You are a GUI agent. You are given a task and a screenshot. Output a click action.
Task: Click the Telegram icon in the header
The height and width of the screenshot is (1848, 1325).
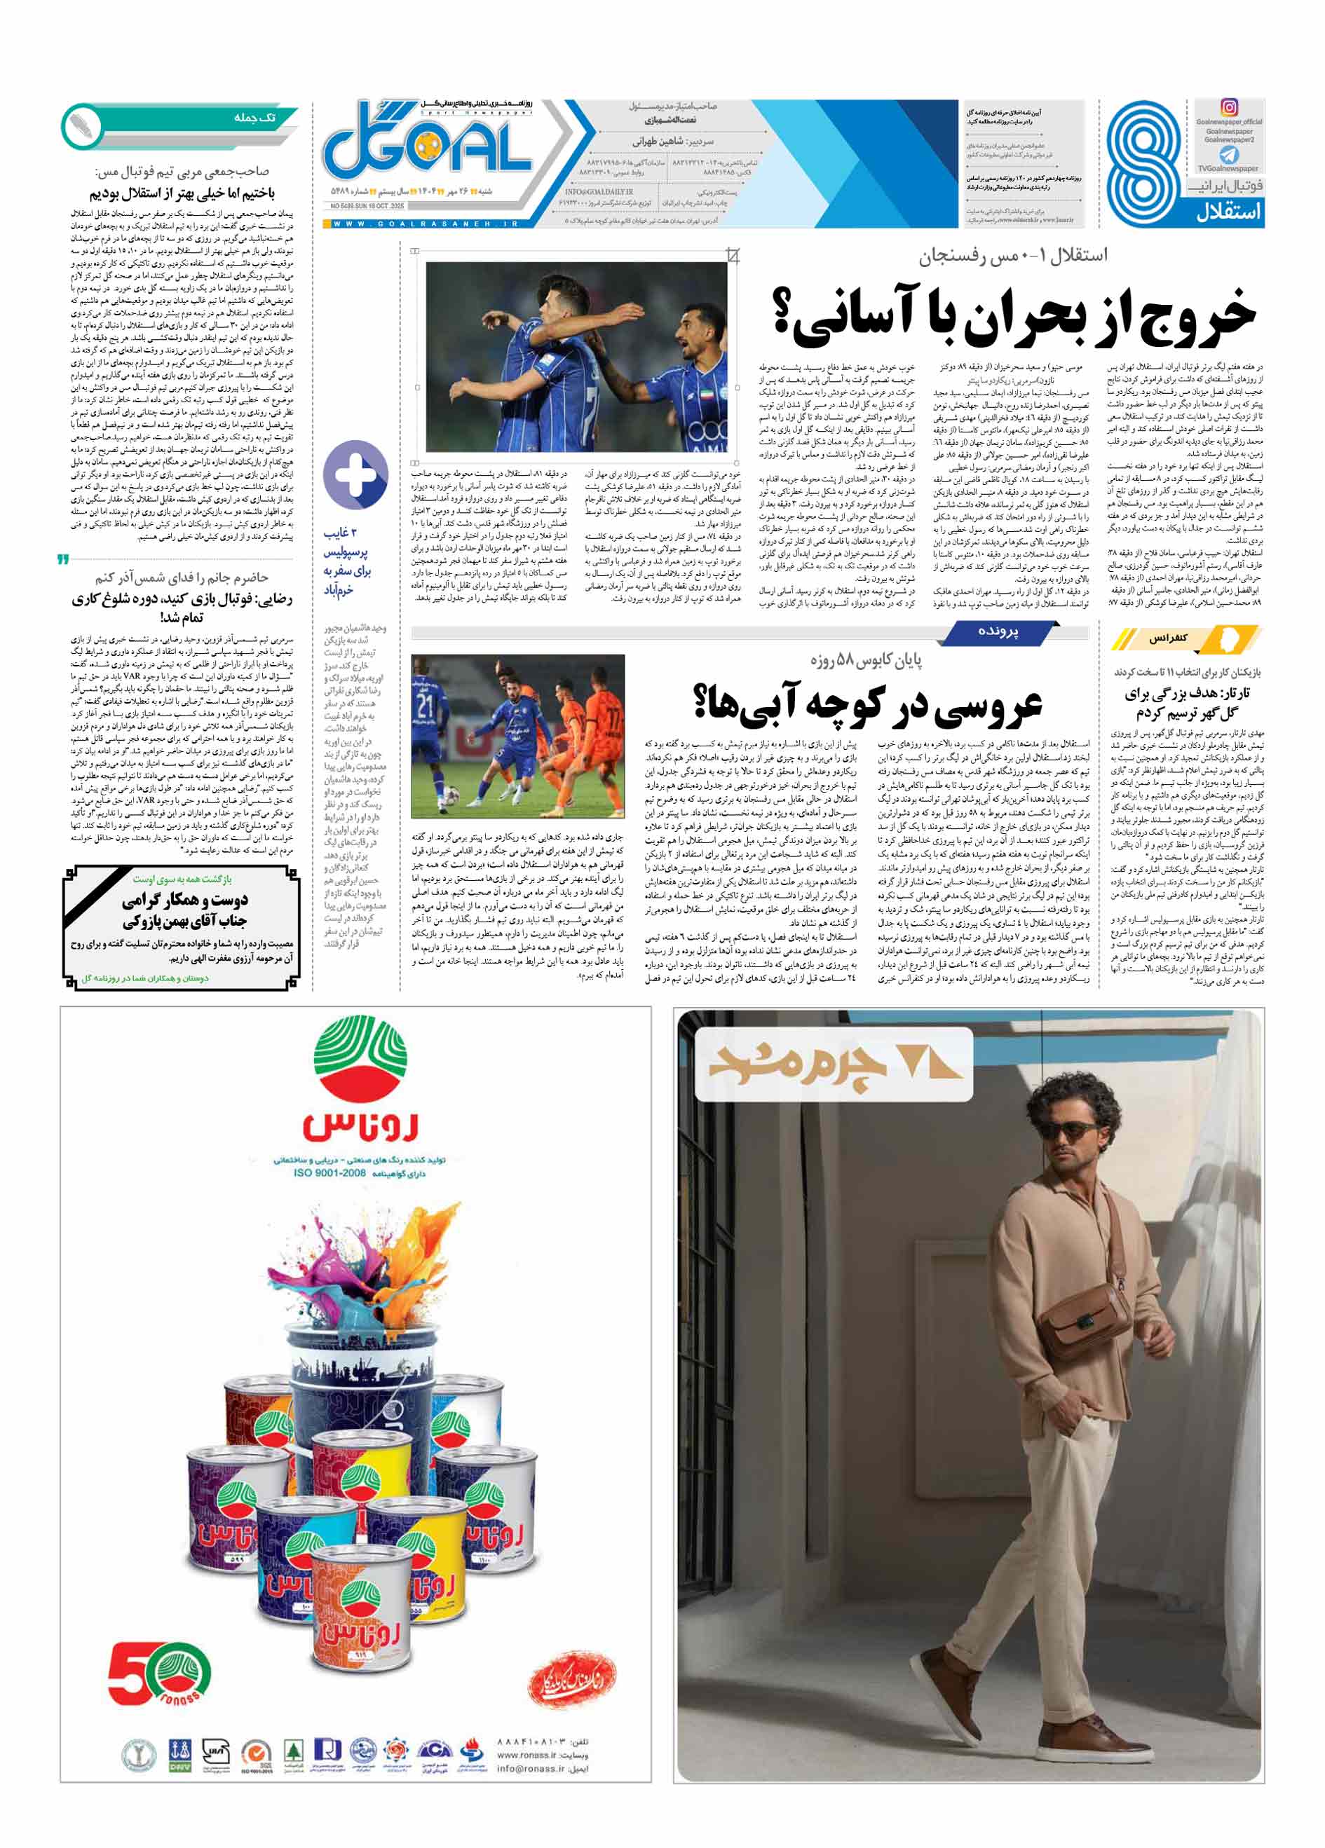pos(1228,154)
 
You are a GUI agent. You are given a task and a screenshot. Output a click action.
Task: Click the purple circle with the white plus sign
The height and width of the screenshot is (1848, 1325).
pos(355,475)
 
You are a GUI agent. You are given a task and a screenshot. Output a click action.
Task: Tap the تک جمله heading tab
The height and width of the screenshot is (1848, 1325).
pos(254,118)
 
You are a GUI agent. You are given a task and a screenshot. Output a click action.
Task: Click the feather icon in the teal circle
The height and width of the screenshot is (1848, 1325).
pos(82,125)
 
